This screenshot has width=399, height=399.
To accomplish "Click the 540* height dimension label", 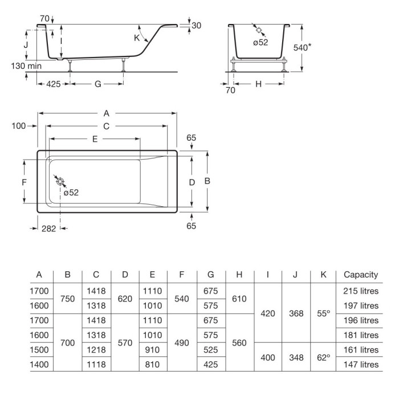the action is pyautogui.click(x=302, y=47).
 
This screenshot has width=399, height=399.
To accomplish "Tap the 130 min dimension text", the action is pyautogui.click(x=26, y=66).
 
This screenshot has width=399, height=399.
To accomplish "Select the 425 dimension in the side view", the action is pyautogui.click(x=54, y=84).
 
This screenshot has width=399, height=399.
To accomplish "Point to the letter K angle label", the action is pyautogui.click(x=137, y=38).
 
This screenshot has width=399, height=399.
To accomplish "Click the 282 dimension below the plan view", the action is pyautogui.click(x=48, y=229).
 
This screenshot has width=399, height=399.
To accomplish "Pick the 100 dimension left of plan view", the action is pyautogui.click(x=19, y=126).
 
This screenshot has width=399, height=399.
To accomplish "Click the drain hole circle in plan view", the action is pyautogui.click(x=60, y=182).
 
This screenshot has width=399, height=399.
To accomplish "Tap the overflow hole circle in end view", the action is pyautogui.click(x=259, y=30).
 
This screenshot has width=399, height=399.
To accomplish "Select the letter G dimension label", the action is pyautogui.click(x=97, y=84).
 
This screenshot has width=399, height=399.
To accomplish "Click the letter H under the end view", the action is pyautogui.click(x=258, y=84).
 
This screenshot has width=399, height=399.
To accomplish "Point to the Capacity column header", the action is pyautogui.click(x=361, y=275).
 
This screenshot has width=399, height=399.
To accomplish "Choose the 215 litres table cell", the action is pyautogui.click(x=361, y=291).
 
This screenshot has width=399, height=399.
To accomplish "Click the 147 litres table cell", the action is pyautogui.click(x=361, y=364).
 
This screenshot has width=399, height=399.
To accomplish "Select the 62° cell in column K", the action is pyautogui.click(x=323, y=357).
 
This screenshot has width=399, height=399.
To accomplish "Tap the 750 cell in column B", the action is pyautogui.click(x=67, y=299).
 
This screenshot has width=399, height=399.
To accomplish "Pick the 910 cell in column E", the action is pyautogui.click(x=152, y=350).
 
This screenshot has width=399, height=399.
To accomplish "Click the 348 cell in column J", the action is pyautogui.click(x=296, y=357).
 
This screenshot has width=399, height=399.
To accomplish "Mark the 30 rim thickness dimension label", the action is pyautogui.click(x=196, y=26).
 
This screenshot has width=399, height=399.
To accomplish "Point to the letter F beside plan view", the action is pyautogui.click(x=24, y=182).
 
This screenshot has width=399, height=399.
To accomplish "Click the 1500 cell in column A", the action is pyautogui.click(x=39, y=350).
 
